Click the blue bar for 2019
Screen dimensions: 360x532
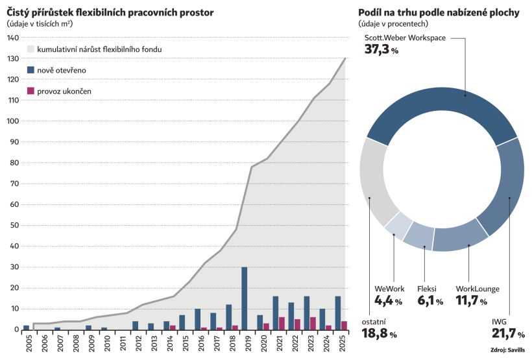(244, 298)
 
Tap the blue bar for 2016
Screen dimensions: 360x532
(197, 319)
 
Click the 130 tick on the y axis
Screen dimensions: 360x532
(12, 58)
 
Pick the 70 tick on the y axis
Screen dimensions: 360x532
(12, 184)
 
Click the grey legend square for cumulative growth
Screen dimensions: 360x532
(30, 49)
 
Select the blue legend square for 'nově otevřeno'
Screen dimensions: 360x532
(30, 70)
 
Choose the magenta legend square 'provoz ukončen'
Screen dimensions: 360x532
(30, 91)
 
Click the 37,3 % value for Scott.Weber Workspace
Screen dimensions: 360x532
(381, 49)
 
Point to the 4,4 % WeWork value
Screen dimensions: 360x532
(389, 301)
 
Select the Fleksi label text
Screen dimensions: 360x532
(428, 288)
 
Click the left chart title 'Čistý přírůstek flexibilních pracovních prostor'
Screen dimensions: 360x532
(110, 12)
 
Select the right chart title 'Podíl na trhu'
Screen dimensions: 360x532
(439, 12)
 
